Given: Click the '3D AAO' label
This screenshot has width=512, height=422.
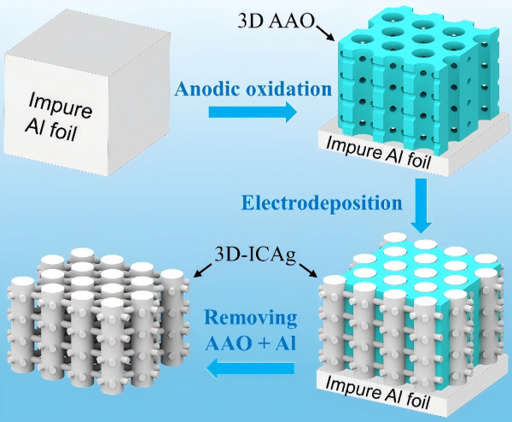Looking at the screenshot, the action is click(276, 21).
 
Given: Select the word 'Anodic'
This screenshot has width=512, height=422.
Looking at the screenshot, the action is click(207, 89).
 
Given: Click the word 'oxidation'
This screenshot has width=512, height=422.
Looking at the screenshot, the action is click(288, 89).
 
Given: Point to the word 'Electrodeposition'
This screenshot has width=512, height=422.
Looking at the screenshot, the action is click(322, 202).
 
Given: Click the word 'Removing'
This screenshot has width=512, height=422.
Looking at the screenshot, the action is click(251, 318).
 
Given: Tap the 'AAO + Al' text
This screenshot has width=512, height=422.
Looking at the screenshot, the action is click(250, 343).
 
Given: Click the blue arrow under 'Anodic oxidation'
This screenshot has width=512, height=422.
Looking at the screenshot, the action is click(253, 112).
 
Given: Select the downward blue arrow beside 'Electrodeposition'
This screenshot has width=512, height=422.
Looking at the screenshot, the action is click(421, 206).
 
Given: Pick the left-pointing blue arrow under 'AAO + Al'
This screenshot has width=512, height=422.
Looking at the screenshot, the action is click(250, 368).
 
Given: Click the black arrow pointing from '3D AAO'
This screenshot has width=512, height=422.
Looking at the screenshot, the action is click(324, 32).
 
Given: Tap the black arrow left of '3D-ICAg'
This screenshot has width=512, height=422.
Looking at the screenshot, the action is click(203, 270).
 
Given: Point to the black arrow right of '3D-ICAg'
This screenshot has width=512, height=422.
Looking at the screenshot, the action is click(307, 270).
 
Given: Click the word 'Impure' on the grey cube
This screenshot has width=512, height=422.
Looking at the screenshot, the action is click(60, 105).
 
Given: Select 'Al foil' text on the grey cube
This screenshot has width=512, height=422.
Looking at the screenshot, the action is click(51, 129).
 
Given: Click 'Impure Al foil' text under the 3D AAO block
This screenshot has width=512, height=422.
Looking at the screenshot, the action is click(378, 153).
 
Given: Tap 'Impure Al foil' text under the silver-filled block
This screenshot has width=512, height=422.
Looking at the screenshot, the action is click(377, 392).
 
